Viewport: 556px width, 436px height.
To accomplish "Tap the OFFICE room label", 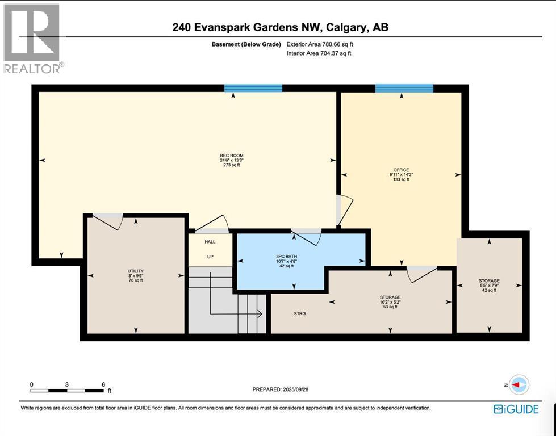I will coord(402,170).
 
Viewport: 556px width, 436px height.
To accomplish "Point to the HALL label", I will coord(210,242).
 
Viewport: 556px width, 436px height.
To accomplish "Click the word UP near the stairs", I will coord(210,257).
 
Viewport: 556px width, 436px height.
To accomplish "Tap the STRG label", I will coord(300,313).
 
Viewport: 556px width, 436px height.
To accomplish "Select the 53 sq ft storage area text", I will coord(390,307).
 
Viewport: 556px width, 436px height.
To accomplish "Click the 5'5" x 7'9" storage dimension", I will coord(488,286).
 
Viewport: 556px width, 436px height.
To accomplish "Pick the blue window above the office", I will coord(404,88).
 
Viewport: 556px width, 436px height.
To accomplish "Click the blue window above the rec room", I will coord(253,88).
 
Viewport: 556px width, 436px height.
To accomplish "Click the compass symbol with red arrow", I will coord(519,384).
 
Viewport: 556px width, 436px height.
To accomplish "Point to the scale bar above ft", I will coord(67,391).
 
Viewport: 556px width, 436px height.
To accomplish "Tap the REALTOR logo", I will coord(32,37).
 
